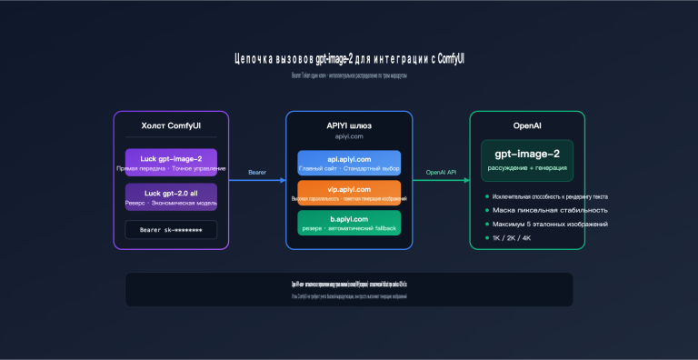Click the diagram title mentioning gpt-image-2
(x=349, y=59)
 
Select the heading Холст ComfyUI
(x=172, y=125)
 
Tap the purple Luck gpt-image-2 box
(x=172, y=163)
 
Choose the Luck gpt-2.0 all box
(x=172, y=196)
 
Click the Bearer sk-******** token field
(x=172, y=230)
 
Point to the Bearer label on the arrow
(x=257, y=172)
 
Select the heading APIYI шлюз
(x=349, y=125)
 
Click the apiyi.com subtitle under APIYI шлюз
(x=349, y=136)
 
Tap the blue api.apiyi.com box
(x=349, y=163)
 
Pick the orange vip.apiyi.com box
(x=349, y=193)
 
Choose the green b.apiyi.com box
(x=349, y=224)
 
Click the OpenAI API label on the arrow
(x=441, y=172)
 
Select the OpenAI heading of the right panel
(x=527, y=125)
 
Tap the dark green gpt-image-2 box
(x=527, y=159)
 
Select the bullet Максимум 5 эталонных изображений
(x=551, y=224)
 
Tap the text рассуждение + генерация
(x=527, y=168)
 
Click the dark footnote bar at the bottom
(x=349, y=289)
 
